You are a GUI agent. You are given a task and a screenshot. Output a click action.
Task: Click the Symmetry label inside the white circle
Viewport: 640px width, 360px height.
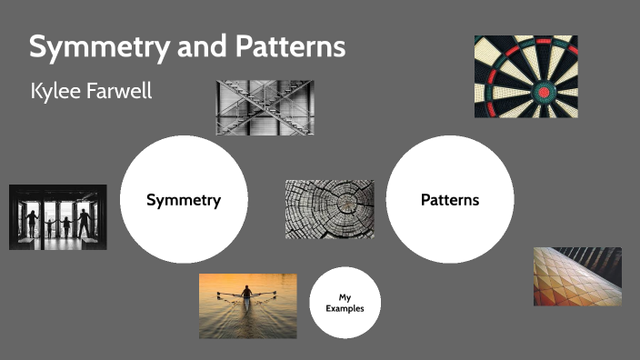coord(184,200)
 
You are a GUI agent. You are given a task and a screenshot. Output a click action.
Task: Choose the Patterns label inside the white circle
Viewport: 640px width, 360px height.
coord(450,200)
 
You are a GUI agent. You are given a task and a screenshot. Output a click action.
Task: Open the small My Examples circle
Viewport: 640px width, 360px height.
coord(345,303)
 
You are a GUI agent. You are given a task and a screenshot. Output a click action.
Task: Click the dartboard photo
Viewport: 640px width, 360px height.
coord(525,76)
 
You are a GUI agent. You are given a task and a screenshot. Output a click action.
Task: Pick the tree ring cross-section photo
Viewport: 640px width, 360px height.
coord(329,209)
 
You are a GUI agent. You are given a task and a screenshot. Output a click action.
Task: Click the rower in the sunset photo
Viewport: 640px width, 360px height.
coord(245,296)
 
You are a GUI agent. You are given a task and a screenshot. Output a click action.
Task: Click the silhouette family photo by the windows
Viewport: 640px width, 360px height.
coord(57,217)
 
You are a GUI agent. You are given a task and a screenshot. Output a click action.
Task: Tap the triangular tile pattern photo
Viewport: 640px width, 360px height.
coord(577,276)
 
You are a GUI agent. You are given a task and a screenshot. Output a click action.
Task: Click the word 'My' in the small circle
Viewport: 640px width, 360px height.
coord(345,297)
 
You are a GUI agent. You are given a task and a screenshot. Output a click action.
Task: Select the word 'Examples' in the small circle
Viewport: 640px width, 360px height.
coord(345,309)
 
